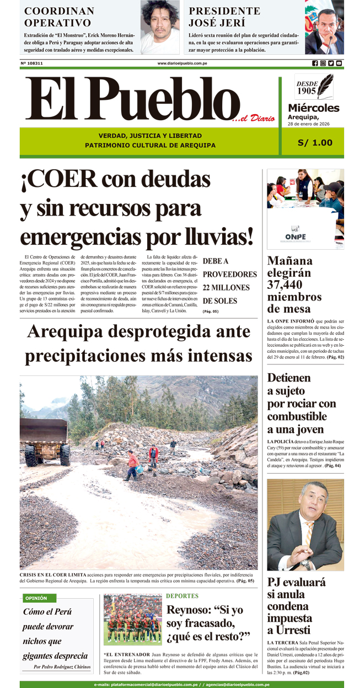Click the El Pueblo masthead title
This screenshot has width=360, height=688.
[x=132, y=100]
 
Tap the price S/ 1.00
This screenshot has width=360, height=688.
[x=315, y=142]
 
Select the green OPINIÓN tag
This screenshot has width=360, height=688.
[x=36, y=598]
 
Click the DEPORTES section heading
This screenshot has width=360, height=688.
[x=182, y=596]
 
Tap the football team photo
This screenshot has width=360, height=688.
[x=132, y=620]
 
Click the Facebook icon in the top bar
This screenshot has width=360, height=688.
[x=315, y=63]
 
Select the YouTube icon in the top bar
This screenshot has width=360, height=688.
[x=339, y=63]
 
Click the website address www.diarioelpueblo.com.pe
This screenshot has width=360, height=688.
[x=182, y=63]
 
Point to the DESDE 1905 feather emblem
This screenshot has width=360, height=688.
[x=314, y=87]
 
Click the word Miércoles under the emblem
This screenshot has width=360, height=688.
[x=313, y=108]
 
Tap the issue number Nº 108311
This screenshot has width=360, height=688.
[x=32, y=63]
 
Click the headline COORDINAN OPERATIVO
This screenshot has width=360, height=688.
[x=59, y=17]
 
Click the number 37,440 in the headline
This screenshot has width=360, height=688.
[x=290, y=284]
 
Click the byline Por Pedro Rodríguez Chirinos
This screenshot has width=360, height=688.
[x=62, y=667]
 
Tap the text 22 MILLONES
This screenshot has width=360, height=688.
[x=226, y=287]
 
